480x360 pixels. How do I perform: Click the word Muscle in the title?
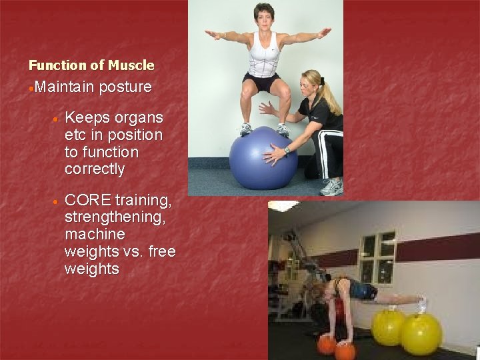pyautogui.click(x=131, y=65)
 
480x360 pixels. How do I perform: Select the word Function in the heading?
pyautogui.click(x=58, y=65)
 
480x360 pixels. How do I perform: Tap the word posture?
pyautogui.click(x=125, y=87)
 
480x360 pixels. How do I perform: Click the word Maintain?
pyautogui.click(x=65, y=87)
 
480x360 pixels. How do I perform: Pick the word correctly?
pyautogui.click(x=95, y=169)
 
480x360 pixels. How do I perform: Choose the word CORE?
pyautogui.click(x=88, y=200)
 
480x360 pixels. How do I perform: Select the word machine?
pyautogui.click(x=95, y=235)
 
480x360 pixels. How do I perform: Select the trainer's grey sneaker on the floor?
pyautogui.click(x=331, y=187)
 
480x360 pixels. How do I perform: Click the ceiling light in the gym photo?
pyautogui.click(x=283, y=206)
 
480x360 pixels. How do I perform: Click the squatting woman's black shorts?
pyautogui.click(x=262, y=83)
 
